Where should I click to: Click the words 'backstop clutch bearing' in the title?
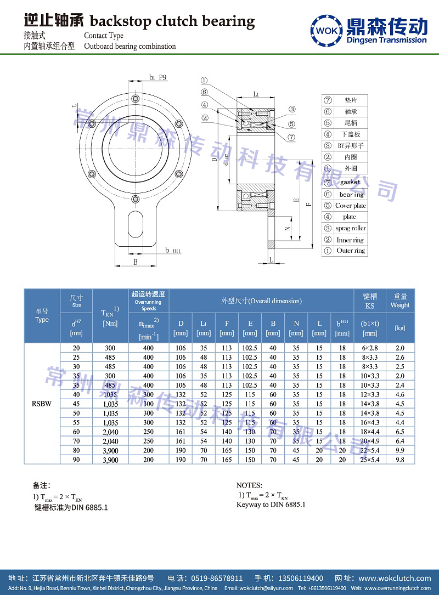pyautogui.click(x=172, y=21)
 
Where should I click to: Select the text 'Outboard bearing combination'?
pyautogui.click(x=130, y=47)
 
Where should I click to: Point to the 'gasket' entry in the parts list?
pyautogui.click(x=350, y=182)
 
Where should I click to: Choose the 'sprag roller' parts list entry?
pyautogui.click(x=351, y=228)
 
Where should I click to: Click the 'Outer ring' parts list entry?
pyautogui.click(x=351, y=251)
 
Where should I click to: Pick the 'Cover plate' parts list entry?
pyautogui.click(x=351, y=206)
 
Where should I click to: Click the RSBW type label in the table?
pyautogui.click(x=42, y=404)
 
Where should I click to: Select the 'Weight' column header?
pyautogui.click(x=400, y=305)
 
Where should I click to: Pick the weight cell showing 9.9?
pyautogui.click(x=400, y=450)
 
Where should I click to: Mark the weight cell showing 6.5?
pyautogui.click(x=400, y=432)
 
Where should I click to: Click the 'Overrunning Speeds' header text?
pyautogui.click(x=149, y=305)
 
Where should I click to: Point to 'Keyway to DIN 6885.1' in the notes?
pyautogui.click(x=271, y=505)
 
